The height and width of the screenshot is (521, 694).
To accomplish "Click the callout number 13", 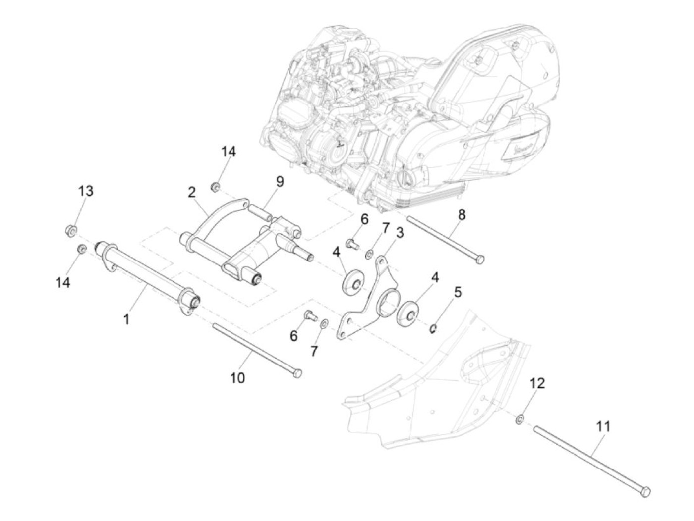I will tap(86, 191).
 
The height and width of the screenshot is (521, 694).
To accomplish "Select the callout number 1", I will tap(127, 319).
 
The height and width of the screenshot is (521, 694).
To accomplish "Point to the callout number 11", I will tap(603, 426).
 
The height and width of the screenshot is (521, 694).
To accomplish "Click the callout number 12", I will tap(537, 383).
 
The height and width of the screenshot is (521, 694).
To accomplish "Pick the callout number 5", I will tap(457, 292).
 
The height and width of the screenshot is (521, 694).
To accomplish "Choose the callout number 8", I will tap(462, 215).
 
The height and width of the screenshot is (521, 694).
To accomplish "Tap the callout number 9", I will tap(280, 182).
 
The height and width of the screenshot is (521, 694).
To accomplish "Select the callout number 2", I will tap(192, 192).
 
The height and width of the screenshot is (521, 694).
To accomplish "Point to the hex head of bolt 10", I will tap(297, 373).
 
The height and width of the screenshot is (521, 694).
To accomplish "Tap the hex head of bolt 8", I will tap(479, 259).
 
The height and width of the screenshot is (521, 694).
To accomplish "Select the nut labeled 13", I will tap(71, 230).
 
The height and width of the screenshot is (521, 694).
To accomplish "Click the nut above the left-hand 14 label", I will tap(81, 248).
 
